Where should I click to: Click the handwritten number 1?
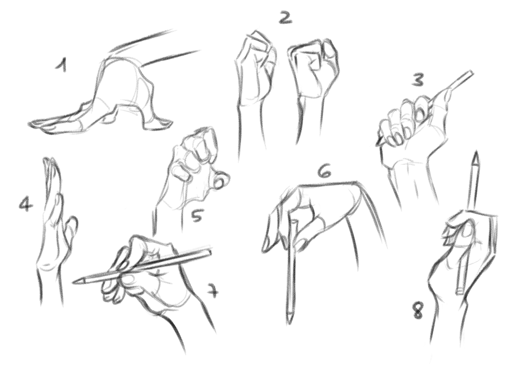pos(61,66)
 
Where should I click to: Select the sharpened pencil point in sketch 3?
pos(377,144)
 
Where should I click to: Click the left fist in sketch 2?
pos(255,70)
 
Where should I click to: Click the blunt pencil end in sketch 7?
pos(209,253)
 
